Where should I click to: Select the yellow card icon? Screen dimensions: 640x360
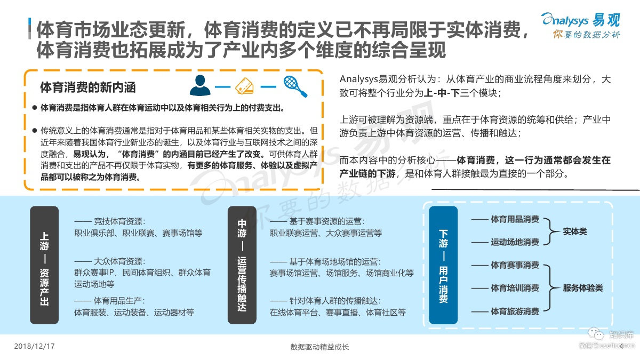(x=247, y=86)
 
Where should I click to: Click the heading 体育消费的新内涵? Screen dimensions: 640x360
(x=88, y=87)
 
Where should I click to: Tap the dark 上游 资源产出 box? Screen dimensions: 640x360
(x=44, y=265)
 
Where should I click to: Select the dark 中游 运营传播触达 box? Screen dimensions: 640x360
(x=242, y=265)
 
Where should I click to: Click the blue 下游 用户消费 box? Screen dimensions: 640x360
(x=443, y=265)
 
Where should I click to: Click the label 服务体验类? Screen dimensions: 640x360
(x=582, y=288)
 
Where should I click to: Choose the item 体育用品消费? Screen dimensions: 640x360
(x=515, y=220)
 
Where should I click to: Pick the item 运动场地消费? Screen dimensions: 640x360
(x=515, y=242)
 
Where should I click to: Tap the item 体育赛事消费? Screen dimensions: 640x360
(x=515, y=265)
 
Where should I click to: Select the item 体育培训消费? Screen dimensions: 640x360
(x=515, y=288)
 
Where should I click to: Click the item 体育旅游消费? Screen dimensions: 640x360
(x=515, y=311)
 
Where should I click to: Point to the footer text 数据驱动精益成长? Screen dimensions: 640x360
(x=319, y=347)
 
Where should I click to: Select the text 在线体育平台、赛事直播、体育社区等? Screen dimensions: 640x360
(x=338, y=313)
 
